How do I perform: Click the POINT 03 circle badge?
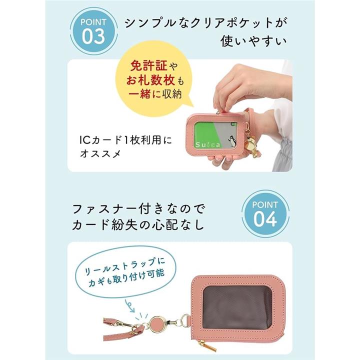coord(93,32)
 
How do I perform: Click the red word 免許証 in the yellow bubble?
coord(148,66)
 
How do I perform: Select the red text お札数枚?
coord(151,80)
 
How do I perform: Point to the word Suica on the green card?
coord(207,144)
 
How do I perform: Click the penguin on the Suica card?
coord(230,140)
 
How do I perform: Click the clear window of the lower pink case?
coord(237,307)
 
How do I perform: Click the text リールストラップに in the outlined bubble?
coord(125,267)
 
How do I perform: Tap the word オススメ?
coord(100,153)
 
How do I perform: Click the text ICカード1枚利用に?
coord(125,140)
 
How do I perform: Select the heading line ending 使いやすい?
coord(254,41)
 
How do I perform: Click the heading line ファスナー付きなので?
coord(138,209)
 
